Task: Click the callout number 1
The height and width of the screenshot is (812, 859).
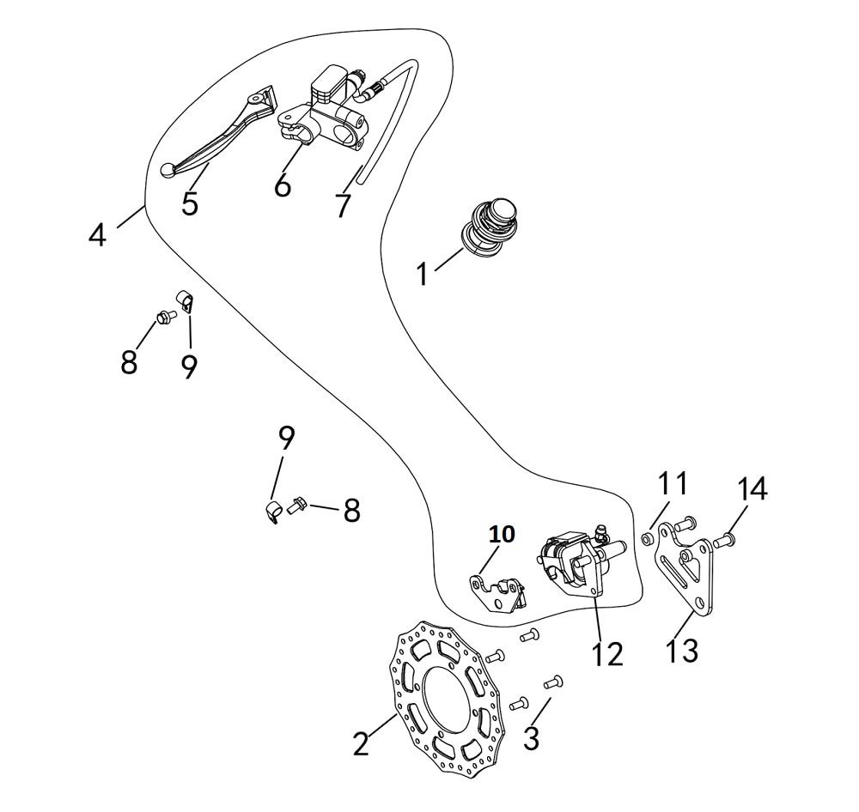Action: tap(421, 275)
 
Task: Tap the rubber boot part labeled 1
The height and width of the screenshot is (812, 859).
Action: tap(490, 225)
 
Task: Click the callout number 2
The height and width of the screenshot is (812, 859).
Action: tap(361, 743)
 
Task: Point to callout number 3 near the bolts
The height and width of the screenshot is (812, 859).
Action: tap(532, 736)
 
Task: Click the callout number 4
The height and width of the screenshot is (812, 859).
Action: tap(98, 233)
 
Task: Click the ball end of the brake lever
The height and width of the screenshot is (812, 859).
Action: tap(168, 171)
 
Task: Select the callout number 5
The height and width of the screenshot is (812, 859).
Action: tap(190, 203)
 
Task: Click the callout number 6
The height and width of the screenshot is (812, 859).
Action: tap(283, 185)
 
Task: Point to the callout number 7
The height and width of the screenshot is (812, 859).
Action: tap(343, 205)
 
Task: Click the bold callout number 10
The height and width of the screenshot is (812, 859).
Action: tap(502, 534)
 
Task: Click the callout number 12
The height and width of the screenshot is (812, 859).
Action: tap(606, 654)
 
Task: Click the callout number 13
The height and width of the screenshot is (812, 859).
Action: tap(682, 650)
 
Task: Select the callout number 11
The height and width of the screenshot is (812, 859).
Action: tap(673, 483)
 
